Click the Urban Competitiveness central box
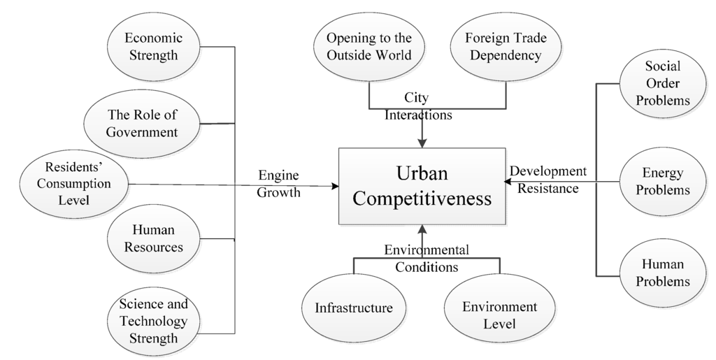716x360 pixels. (x=421, y=186)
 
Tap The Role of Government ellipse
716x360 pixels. (x=143, y=123)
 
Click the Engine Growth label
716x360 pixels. (x=279, y=184)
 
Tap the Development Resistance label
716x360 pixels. (x=548, y=179)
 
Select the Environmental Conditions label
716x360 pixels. (x=426, y=258)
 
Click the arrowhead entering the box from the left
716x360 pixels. (x=334, y=186)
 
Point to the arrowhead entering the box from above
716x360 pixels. (x=422, y=143)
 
